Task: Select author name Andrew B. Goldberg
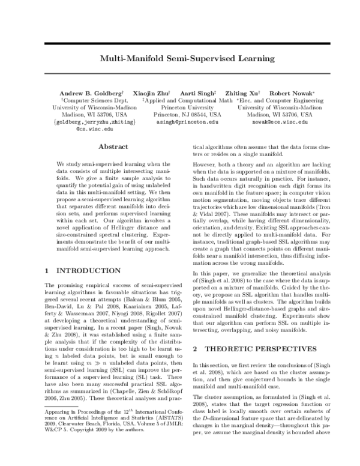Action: (91, 94)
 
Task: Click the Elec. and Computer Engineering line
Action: (280, 101)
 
